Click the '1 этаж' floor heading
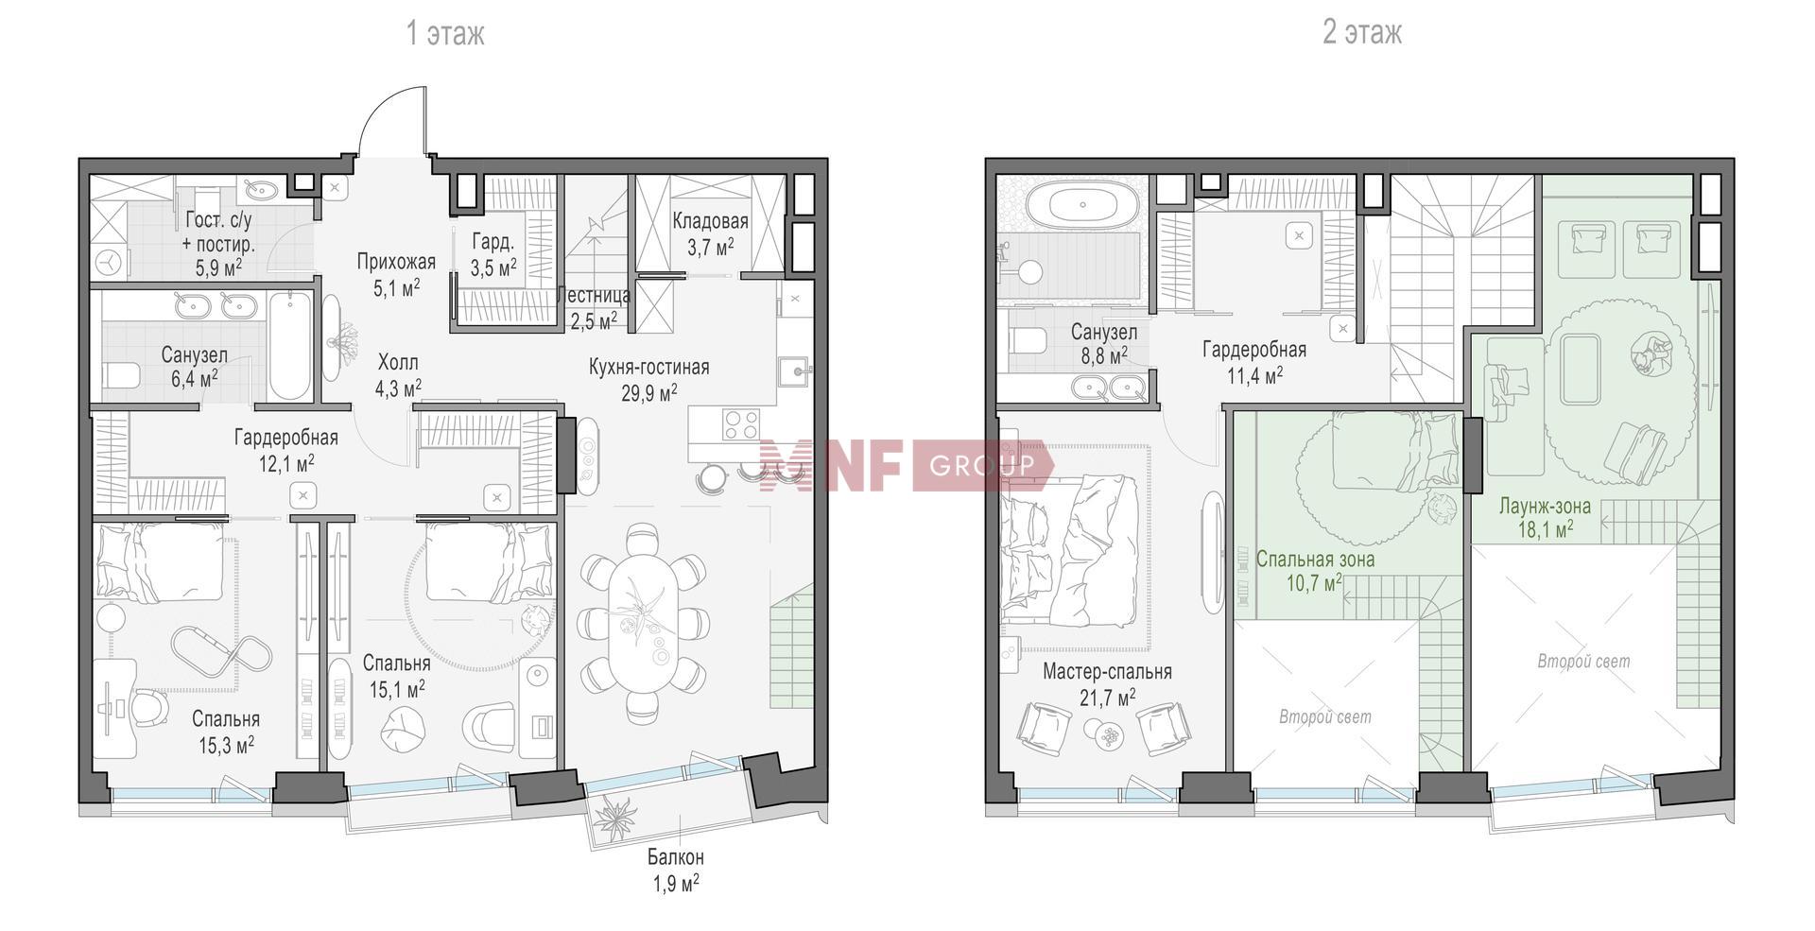point(445,34)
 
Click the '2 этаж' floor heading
point(1362,33)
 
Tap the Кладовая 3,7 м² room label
point(711,234)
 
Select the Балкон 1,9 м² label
point(675,871)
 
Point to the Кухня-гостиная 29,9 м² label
point(648,379)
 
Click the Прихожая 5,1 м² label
point(396,274)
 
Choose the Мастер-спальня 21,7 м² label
point(1107,684)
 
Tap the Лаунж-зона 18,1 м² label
point(1546,517)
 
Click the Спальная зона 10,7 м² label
point(1316,571)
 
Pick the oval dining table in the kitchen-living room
point(642,623)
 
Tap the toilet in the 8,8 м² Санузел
point(1026,340)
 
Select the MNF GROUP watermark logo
point(905,464)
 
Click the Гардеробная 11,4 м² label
point(1254,362)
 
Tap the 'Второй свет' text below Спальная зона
point(1324,717)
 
